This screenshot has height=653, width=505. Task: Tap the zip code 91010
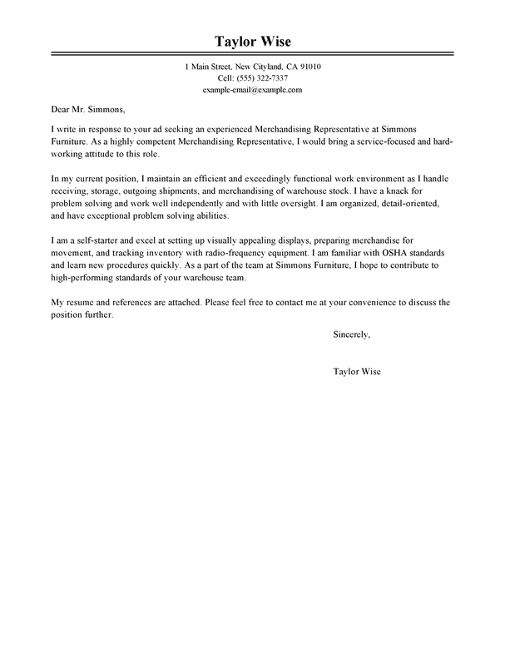(x=305, y=67)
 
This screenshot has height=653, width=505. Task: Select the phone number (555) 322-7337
(x=264, y=77)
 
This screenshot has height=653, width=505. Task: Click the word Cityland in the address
(x=259, y=67)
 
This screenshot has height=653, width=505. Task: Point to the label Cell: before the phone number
(x=215, y=77)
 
